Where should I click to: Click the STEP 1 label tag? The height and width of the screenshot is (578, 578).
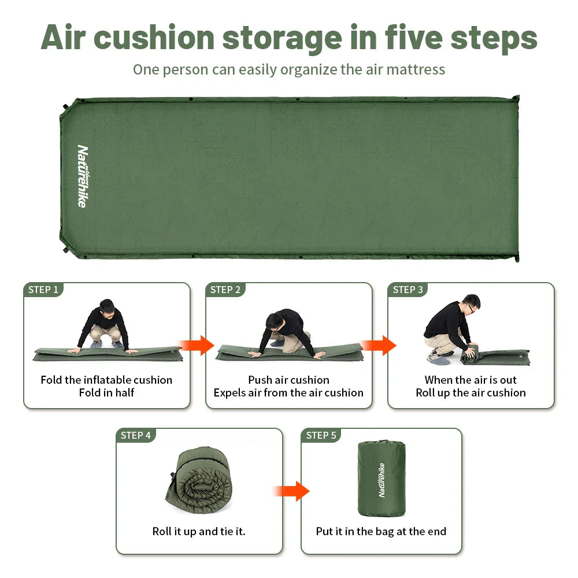coord(43,290)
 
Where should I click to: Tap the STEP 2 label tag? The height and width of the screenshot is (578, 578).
coord(225,290)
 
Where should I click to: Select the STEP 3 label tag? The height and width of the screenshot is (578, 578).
coord(408,290)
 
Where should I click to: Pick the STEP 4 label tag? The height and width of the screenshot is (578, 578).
coord(136,435)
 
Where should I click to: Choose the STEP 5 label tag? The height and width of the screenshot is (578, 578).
coord(321,435)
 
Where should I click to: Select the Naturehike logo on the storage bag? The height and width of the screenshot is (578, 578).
coord(381,480)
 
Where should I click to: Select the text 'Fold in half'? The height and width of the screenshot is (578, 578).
coord(106,393)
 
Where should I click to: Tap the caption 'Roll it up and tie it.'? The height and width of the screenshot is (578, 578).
coord(199,531)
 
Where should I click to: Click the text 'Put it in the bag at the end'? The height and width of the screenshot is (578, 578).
coord(381,531)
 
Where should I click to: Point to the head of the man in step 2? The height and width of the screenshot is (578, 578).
coord(276,319)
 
